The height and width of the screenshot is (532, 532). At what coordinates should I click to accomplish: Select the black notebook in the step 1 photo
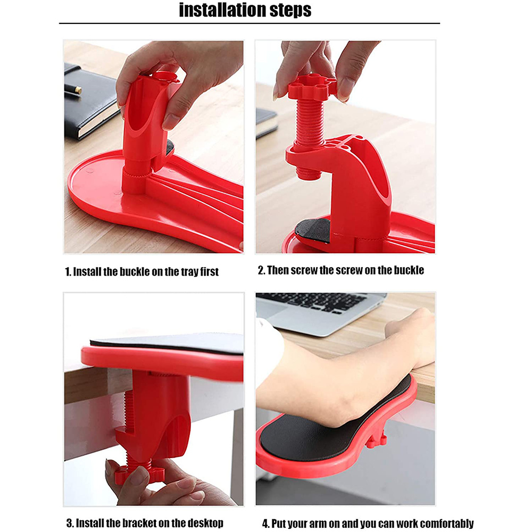pyautogui.click(x=88, y=106)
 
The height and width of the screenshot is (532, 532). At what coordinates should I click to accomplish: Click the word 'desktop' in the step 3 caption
pyautogui.click(x=202, y=523)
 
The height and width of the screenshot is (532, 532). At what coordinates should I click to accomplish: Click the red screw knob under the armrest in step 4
pyautogui.click(x=377, y=438)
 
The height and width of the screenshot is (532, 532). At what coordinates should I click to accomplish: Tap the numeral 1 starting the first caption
pyautogui.click(x=68, y=271)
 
